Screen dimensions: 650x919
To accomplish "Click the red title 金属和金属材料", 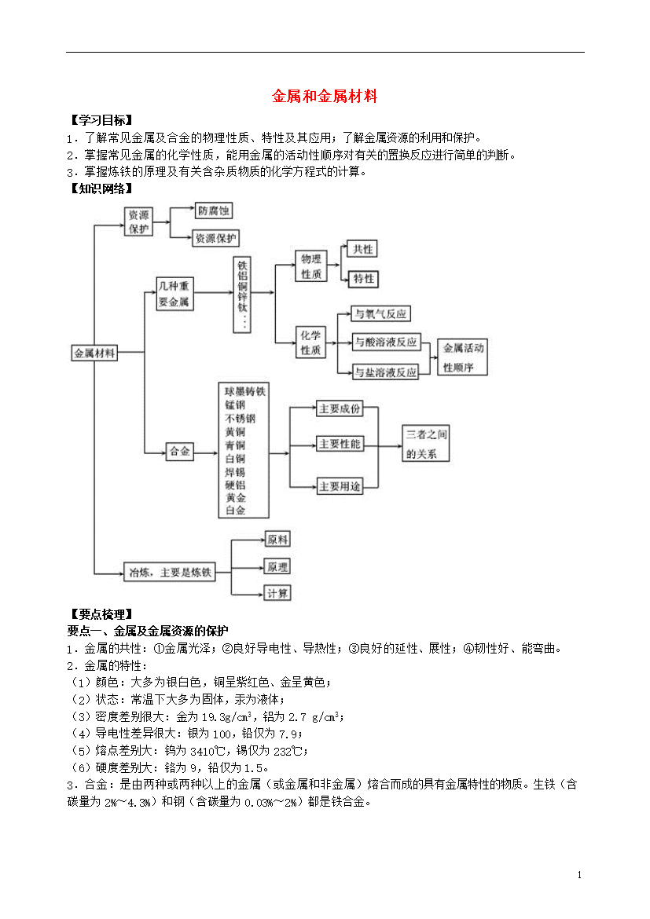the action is [325, 96].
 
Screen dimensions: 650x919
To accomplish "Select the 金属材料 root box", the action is [94, 353].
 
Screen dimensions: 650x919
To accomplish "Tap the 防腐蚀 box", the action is [214, 211].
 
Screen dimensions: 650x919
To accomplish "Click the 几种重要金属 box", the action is [174, 294].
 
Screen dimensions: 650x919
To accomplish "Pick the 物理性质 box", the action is [311, 266].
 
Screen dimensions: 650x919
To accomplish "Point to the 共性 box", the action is [362, 249].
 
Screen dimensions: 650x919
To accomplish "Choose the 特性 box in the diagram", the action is [363, 279].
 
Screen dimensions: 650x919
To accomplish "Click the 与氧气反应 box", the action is [380, 313].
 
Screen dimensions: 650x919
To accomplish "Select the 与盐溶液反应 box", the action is [385, 372].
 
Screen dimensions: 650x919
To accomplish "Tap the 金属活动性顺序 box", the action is [463, 357].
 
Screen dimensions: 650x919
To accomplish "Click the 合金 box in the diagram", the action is [179, 452].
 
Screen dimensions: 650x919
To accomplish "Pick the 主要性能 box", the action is [340, 444].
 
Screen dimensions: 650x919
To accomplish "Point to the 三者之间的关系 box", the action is [426, 443].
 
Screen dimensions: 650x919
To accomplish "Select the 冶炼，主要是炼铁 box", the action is [170, 572].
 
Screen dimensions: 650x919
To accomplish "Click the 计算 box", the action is [277, 593].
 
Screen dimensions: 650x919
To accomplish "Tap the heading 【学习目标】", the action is [100, 120].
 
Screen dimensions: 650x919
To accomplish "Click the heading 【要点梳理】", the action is [100, 614].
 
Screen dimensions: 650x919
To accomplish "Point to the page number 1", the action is [579, 875].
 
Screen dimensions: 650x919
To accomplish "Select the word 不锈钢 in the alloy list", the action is [240, 419].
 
